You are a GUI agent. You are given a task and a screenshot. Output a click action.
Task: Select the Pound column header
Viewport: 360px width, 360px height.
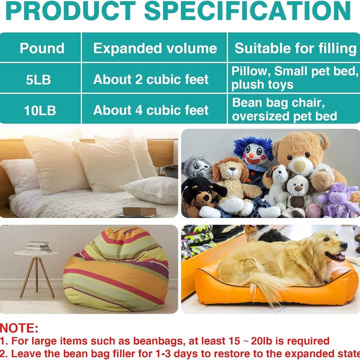click(42, 48)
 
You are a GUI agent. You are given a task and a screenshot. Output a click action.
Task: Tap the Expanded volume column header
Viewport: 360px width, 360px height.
click(155, 48)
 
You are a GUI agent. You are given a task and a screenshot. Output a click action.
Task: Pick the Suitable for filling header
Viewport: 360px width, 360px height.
click(295, 48)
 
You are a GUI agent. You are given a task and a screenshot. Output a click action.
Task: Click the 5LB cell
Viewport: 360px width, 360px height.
click(38, 79)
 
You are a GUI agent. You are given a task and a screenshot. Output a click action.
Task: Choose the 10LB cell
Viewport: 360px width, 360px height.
click(40, 110)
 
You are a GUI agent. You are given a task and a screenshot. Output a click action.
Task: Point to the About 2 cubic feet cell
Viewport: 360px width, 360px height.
click(151, 79)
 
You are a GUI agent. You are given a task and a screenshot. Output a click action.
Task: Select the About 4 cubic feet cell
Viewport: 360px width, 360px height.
click(151, 110)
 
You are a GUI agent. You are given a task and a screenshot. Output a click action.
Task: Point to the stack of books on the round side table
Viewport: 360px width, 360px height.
click(37, 246)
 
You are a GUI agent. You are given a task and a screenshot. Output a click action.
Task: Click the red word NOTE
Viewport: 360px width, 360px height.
click(19, 328)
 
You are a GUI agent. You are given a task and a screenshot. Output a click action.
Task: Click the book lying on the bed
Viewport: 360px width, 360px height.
click(139, 211)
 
